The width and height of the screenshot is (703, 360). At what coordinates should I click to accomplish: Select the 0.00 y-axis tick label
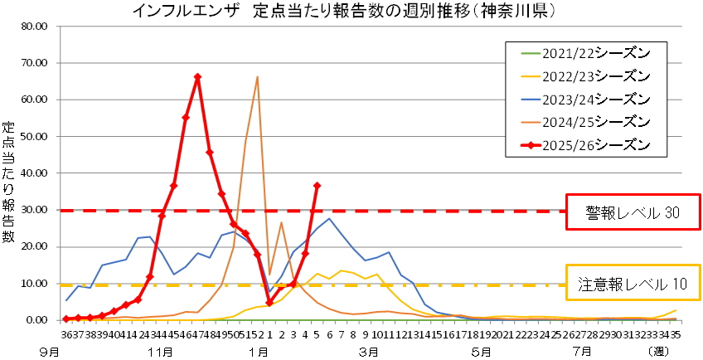[x=39, y=320]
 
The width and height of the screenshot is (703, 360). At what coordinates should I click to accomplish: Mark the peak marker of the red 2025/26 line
[x=197, y=77]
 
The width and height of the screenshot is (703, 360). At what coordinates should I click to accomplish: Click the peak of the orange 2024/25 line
[x=258, y=77]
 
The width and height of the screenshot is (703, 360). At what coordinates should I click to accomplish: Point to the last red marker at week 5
[x=318, y=186]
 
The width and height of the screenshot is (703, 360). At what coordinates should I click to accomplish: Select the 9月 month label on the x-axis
[x=52, y=351]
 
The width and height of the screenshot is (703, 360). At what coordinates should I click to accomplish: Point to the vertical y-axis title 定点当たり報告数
[x=9, y=182]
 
